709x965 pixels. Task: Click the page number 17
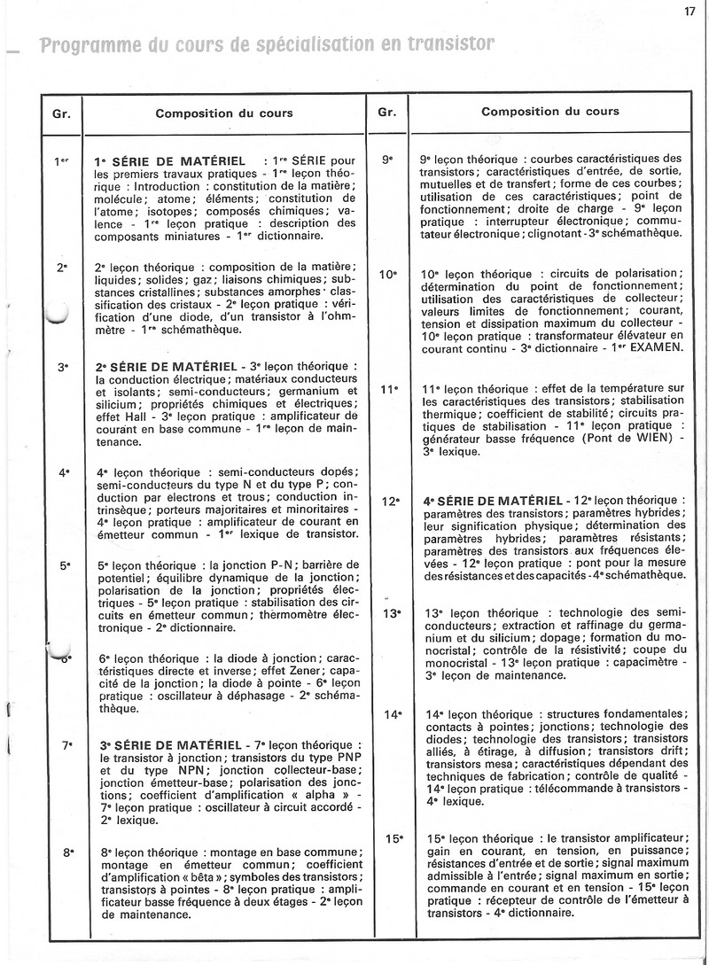click(690, 12)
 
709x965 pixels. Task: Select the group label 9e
click(386, 160)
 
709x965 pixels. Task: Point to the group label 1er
click(62, 161)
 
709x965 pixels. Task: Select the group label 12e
click(391, 502)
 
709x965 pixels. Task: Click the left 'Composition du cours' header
click(223, 113)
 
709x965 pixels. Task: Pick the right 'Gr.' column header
click(386, 113)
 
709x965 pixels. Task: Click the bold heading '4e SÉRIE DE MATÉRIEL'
click(492, 502)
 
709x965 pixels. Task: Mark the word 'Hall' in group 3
click(141, 416)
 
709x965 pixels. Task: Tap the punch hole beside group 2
click(55, 312)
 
